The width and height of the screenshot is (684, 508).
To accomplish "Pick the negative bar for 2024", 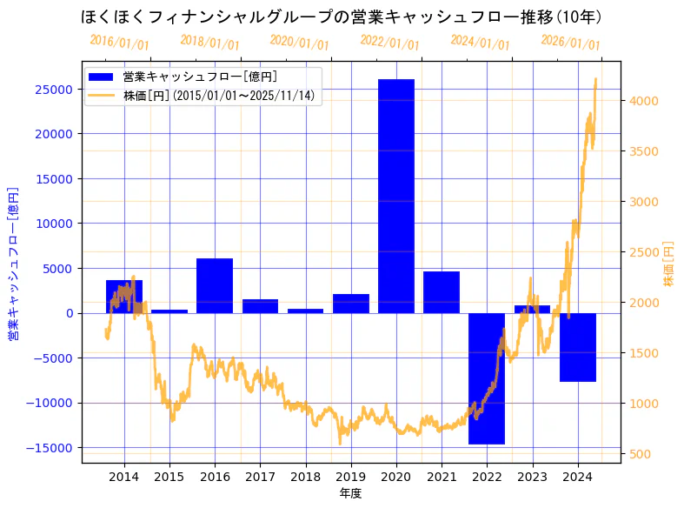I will (577, 347).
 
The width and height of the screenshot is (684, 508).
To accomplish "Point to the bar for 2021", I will (442, 292).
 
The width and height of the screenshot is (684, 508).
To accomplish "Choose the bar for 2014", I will (124, 297).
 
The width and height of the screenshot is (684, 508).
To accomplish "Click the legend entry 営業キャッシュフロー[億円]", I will (200, 77).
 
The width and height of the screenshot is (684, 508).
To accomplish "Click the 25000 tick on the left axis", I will (54, 90).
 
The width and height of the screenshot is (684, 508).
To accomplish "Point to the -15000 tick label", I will (50, 448).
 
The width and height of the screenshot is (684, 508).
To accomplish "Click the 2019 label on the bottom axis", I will (350, 476).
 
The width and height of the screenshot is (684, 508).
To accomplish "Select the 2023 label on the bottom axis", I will (532, 476).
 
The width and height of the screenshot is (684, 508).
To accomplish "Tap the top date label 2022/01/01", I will (389, 43).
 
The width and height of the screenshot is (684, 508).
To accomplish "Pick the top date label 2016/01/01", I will (119, 43).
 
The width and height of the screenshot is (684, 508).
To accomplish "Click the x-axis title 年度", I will (350, 493).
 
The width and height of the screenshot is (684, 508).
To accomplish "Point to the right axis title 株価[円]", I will (668, 264).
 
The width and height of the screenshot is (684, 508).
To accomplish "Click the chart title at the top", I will (342, 17).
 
